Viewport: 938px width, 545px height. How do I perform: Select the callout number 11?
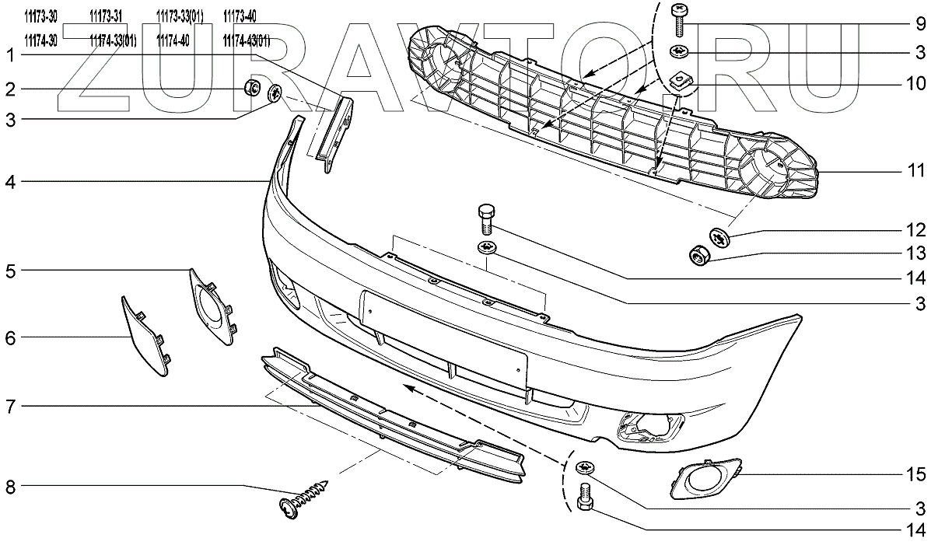click(x=919, y=170)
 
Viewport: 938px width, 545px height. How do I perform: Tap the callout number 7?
click(x=11, y=407)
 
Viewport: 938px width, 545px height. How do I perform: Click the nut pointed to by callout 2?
click(x=253, y=87)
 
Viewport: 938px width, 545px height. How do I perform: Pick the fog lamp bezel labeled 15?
click(x=704, y=480)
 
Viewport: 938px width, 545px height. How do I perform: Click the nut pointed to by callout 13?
click(x=699, y=254)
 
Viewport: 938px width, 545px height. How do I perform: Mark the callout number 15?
click(x=919, y=473)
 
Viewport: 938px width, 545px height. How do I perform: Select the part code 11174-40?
click(x=173, y=41)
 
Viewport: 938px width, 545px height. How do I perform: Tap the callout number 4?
click(x=11, y=183)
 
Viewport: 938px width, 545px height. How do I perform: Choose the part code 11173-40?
click(x=240, y=16)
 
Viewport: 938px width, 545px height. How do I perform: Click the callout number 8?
click(x=11, y=488)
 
